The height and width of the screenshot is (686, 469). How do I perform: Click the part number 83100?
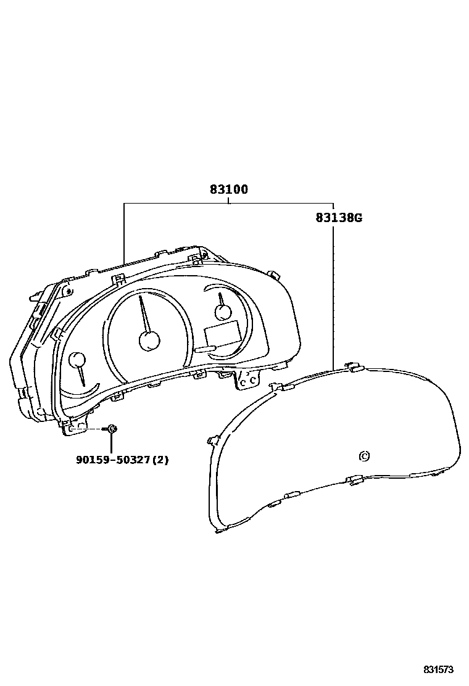[x=229, y=189]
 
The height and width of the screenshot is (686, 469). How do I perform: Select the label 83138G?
[x=339, y=217]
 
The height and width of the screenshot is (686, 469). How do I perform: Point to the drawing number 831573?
[x=438, y=670]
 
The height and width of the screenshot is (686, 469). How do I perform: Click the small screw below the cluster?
[x=111, y=429]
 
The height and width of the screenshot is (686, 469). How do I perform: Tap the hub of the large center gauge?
[x=149, y=340]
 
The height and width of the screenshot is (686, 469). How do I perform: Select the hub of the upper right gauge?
[x=223, y=312]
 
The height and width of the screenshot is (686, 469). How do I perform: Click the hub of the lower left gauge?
[x=78, y=360]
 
